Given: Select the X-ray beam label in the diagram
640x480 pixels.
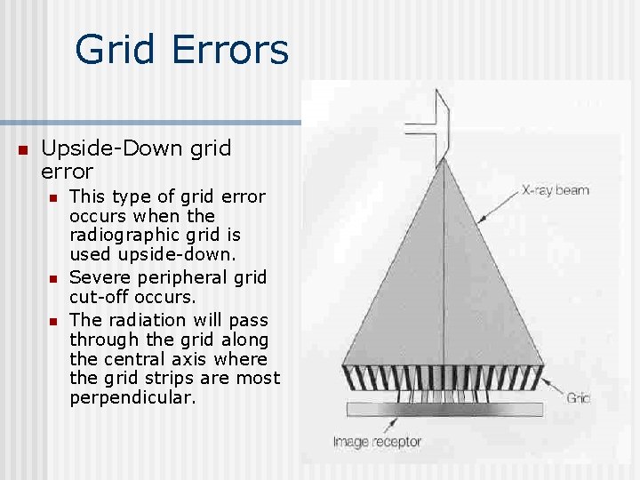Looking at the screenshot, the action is [x=555, y=189].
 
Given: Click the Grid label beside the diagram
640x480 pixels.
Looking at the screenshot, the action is [x=578, y=398].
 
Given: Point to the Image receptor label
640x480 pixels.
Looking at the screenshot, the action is [x=377, y=441].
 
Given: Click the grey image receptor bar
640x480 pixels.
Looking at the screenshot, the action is [x=444, y=409].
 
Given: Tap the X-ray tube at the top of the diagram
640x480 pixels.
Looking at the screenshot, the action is [x=436, y=124].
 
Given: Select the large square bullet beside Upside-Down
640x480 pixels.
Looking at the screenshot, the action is [x=23, y=148].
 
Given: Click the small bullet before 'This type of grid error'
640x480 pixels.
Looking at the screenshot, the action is [x=53, y=196].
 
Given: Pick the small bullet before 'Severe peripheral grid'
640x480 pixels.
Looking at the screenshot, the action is [x=53, y=278].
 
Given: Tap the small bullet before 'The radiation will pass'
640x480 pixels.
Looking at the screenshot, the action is [x=53, y=320].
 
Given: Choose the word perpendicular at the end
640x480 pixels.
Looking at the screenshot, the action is [x=131, y=398].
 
